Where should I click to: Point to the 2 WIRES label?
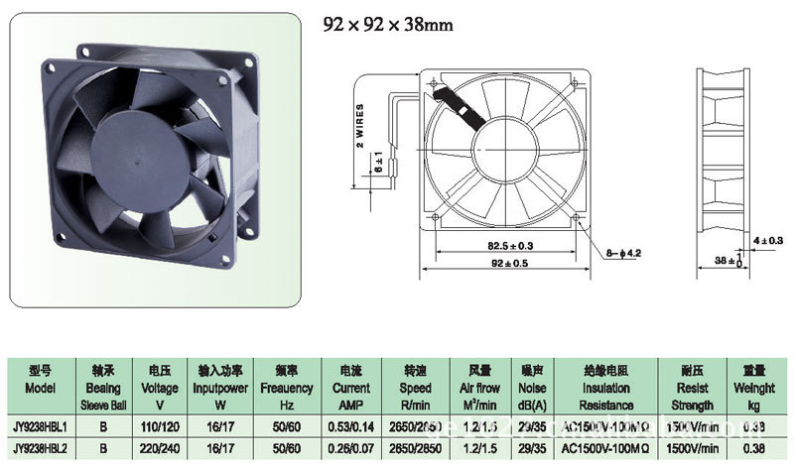point(359,125)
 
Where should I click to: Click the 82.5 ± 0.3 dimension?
point(484,245)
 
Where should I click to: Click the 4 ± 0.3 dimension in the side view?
point(768,240)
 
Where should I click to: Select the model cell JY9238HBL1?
point(42,426)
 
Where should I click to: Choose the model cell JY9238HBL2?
point(42,447)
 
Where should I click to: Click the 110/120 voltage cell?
point(160,426)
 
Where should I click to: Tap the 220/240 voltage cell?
point(160,447)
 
